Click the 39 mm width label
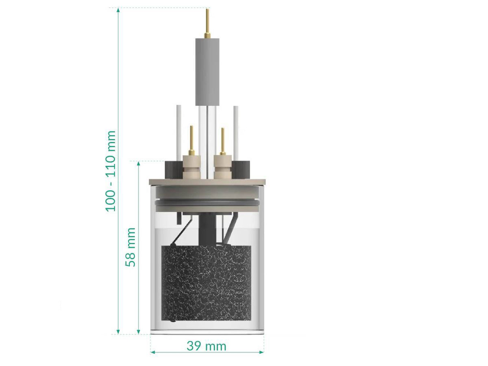tap(206, 346)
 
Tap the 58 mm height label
tap(131, 247)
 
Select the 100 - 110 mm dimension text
tap(111, 171)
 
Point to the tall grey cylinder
tap(207, 71)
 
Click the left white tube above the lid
tap(179, 132)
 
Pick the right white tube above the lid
tap(235, 132)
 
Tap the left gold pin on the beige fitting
tap(191, 138)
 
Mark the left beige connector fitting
tap(191, 167)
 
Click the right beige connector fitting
tap(222, 167)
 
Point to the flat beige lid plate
tap(207, 182)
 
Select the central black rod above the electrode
tap(207, 230)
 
